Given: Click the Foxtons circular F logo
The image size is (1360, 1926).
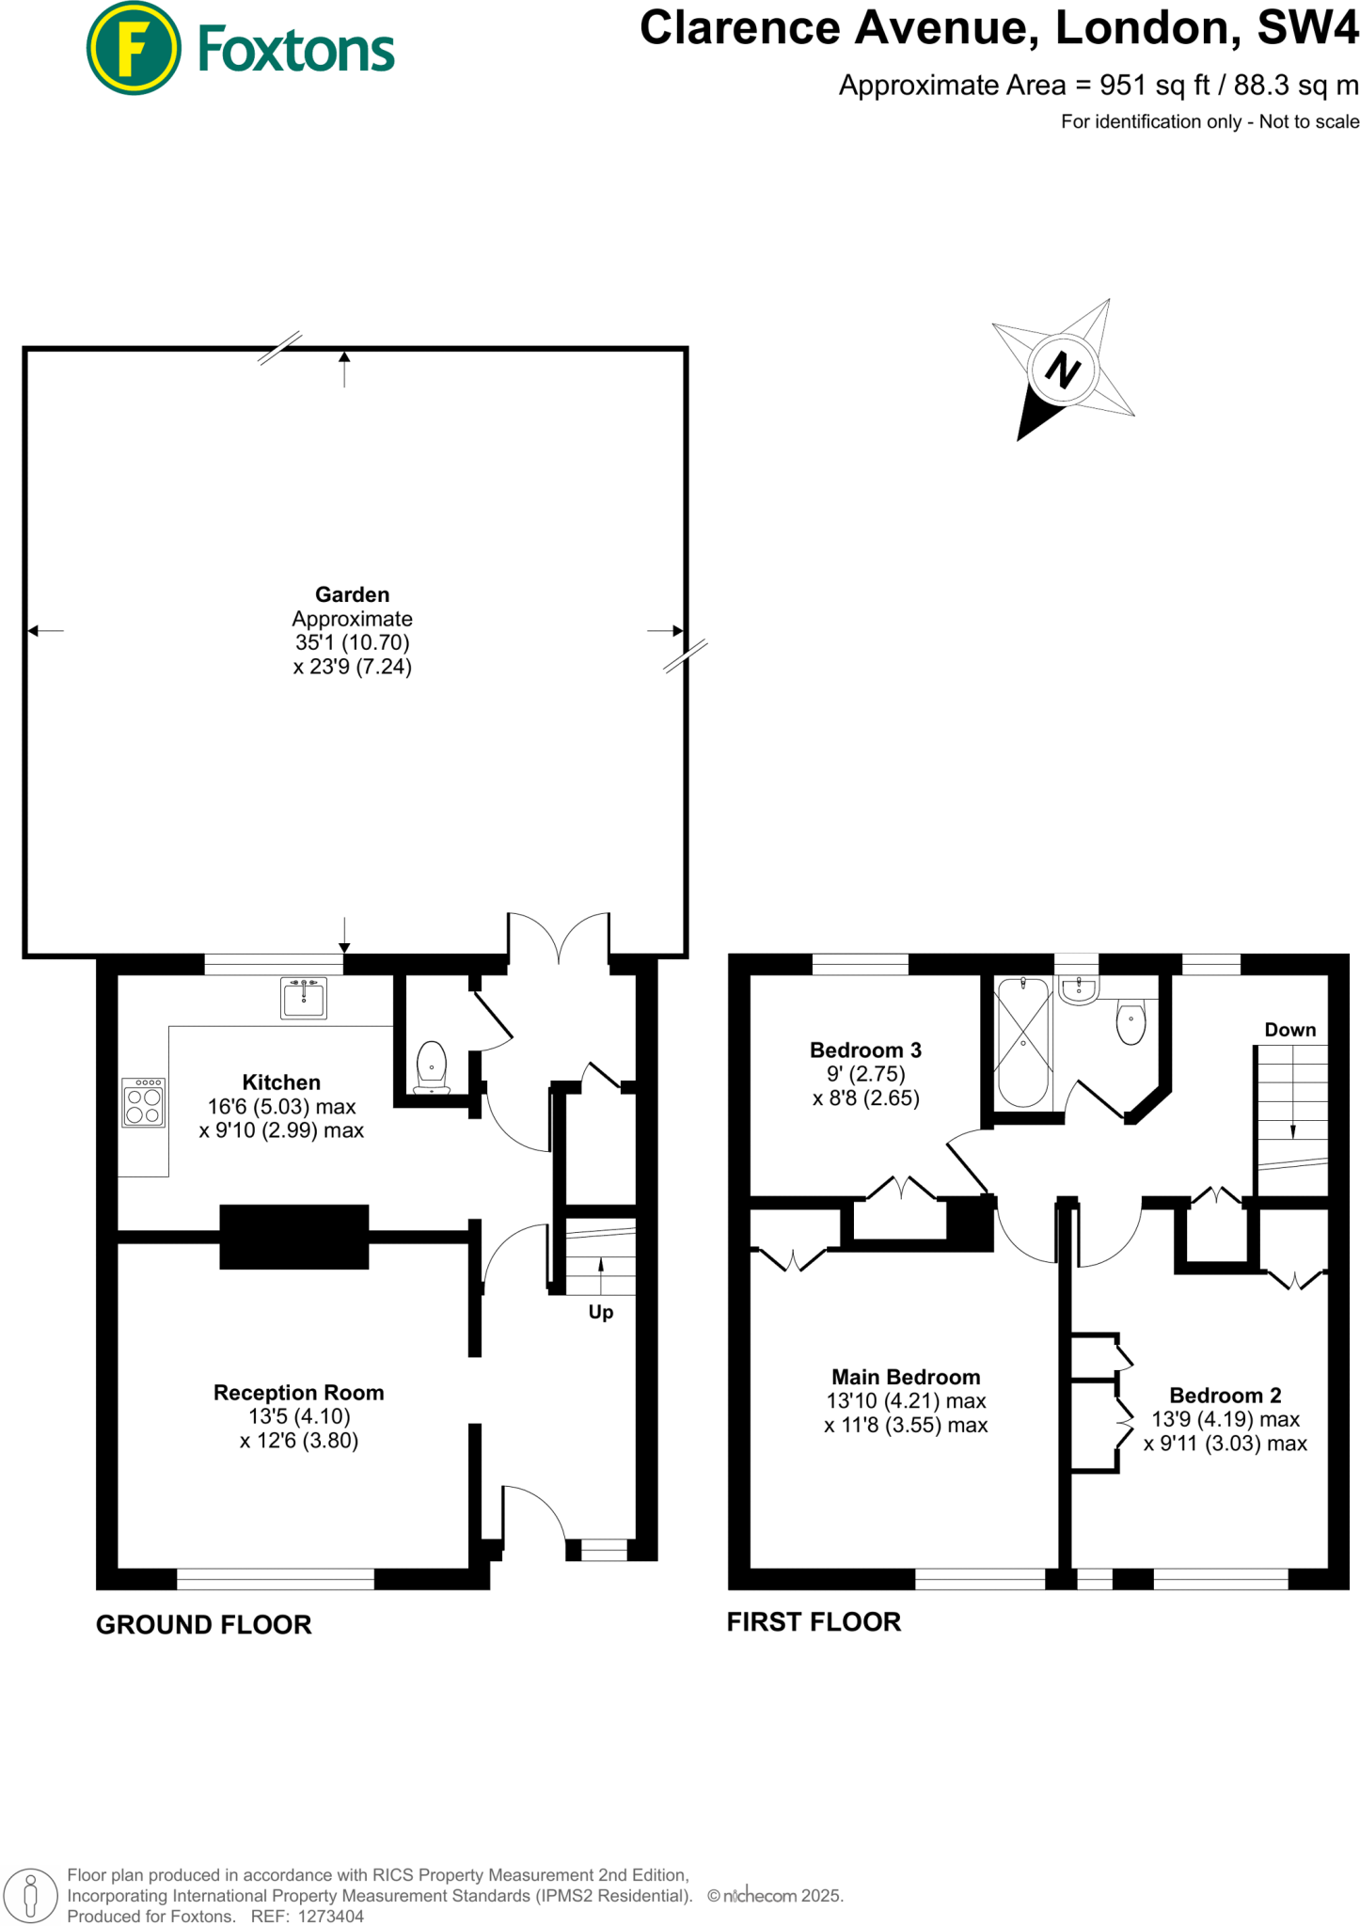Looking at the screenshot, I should coord(133,49).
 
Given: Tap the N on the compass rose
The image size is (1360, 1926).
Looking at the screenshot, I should coord(1063,370).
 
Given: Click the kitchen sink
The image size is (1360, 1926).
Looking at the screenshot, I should coord(304,998).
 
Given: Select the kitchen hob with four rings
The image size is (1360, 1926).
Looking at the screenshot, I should coord(144,1102).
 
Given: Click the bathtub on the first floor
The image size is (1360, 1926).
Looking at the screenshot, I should coord(1022,1042).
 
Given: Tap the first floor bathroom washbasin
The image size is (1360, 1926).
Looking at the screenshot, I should coord(1078,989).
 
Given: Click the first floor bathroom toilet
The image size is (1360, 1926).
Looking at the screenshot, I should coord(1131,1022).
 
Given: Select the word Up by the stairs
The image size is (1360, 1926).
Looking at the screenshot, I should coord(601,1312).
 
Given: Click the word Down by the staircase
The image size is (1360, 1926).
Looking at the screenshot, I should coord(1289,1030).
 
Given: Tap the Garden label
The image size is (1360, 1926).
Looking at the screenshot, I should coord(352,594).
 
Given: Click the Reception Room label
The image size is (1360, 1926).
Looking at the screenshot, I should coord(298,1393).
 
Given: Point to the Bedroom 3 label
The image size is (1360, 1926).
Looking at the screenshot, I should coord(865,1050).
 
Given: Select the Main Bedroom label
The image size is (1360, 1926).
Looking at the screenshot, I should coord(906,1377).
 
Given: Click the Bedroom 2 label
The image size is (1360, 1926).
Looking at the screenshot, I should coord(1225,1396).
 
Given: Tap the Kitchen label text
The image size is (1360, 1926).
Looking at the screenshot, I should coord(281,1082).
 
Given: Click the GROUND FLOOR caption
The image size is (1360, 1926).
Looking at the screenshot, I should coord(203,1624).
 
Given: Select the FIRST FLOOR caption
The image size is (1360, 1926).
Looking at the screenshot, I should coord(814,1621).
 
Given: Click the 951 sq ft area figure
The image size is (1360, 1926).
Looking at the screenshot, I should coord(1155,86).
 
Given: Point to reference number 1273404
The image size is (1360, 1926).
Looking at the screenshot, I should coord(330,1916).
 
